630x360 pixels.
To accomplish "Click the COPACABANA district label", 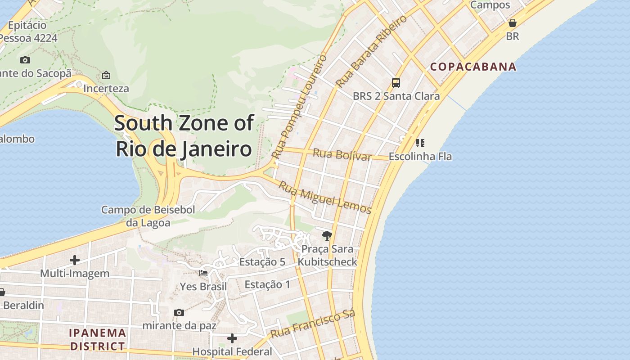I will (473, 67).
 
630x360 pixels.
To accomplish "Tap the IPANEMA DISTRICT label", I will (97, 339).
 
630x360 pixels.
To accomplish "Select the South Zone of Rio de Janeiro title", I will (184, 136).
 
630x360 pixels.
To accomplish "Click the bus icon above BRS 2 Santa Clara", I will (396, 82).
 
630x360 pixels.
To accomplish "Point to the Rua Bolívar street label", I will (342, 154).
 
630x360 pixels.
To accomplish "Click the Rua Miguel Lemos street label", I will (325, 197).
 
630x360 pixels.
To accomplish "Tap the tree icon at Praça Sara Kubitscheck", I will (327, 235).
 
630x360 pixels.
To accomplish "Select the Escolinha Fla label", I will (420, 157).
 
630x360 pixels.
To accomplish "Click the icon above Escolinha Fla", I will (420, 143).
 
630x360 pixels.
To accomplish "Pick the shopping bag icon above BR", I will (512, 23).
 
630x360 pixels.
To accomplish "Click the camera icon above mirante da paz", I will (179, 312).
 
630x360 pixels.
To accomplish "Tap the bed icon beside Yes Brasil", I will (203, 273).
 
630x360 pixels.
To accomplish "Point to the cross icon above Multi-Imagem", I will (75, 260).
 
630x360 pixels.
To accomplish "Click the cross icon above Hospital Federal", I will (232, 338).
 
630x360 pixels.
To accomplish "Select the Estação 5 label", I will (262, 262).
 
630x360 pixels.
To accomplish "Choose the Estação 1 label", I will (267, 284).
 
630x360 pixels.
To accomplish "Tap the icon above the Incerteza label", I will (106, 75).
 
